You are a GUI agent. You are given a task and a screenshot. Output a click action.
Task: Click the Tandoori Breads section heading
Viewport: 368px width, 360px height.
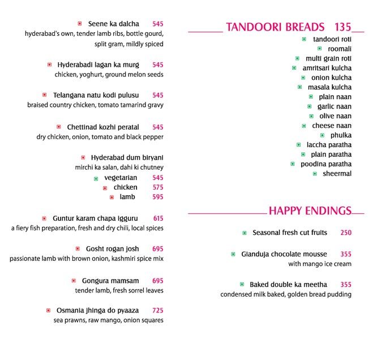[x=275, y=27]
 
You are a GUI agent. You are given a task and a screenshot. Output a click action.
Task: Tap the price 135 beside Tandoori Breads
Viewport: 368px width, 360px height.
[x=343, y=27]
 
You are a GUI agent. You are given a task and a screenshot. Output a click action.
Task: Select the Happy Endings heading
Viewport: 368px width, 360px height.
[x=310, y=211]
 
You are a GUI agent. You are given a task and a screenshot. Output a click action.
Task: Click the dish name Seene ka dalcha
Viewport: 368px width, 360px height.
[x=114, y=24]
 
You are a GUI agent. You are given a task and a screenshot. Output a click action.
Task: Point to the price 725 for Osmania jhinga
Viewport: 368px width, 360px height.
[x=157, y=310]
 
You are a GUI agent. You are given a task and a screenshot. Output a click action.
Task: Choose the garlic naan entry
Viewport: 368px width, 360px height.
[x=334, y=106]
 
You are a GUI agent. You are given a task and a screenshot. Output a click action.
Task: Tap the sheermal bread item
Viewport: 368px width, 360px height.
[x=337, y=174]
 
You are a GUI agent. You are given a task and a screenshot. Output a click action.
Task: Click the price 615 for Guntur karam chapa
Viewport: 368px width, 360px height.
[x=158, y=218]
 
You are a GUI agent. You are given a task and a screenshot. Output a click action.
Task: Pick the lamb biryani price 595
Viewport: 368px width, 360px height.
[x=157, y=197]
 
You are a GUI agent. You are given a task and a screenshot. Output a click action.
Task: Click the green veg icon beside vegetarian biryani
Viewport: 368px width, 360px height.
[x=96, y=178]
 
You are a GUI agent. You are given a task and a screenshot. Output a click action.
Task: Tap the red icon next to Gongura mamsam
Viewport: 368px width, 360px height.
[x=74, y=281]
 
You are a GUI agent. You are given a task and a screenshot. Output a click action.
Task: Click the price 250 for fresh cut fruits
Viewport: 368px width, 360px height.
[x=346, y=233]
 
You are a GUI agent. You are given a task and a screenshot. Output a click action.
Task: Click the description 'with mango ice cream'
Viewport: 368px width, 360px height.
[x=319, y=264]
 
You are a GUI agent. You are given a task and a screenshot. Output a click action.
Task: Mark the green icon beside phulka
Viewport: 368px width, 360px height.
[x=322, y=135]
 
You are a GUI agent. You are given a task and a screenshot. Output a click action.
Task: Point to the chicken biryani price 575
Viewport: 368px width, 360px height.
[x=157, y=187]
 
